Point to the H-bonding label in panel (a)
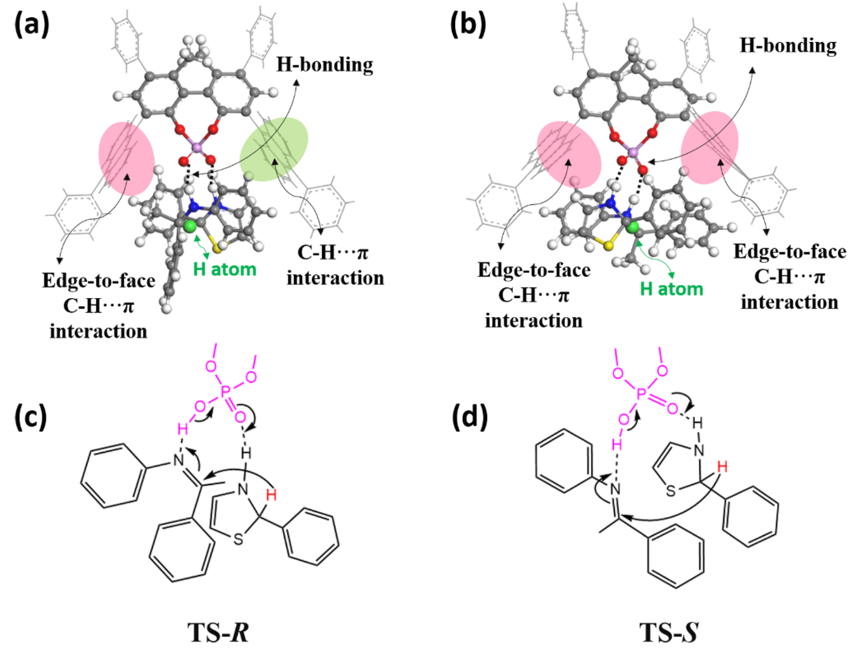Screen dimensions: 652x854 (x=325, y=65)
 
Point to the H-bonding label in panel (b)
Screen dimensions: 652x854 (x=788, y=46)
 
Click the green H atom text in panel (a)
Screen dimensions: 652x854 (x=225, y=269)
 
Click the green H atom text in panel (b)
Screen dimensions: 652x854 (x=671, y=289)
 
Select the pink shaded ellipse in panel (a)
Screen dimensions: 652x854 (x=127, y=157)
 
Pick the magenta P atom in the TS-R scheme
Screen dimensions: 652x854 (x=224, y=392)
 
